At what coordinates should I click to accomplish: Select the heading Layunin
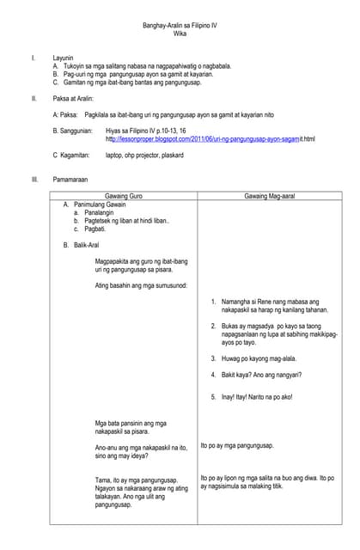[x=63, y=58]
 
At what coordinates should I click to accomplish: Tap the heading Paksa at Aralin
[x=75, y=98]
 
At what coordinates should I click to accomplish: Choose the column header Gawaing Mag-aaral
[x=270, y=197]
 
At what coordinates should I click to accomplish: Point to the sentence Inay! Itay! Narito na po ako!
[x=257, y=396]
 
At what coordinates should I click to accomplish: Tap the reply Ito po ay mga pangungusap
[x=236, y=445]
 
